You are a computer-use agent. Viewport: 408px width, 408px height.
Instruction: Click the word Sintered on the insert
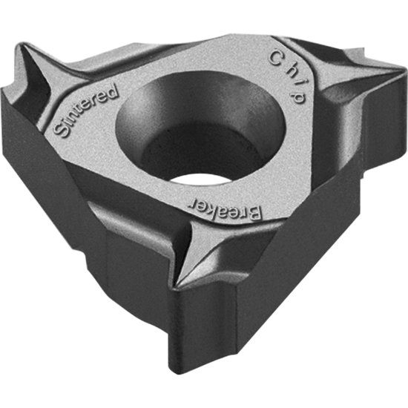coord(86,111)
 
